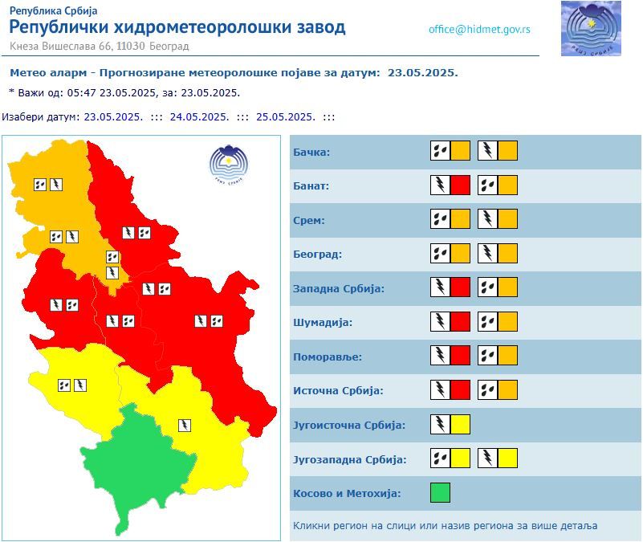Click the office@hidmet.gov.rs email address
click(479, 30)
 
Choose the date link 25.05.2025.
click(285, 116)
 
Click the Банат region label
click(311, 185)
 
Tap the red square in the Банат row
click(460, 185)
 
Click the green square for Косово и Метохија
click(440, 492)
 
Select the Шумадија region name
click(323, 322)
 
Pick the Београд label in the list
click(318, 254)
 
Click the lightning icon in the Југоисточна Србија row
click(440, 424)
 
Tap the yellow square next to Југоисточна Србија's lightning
click(460, 424)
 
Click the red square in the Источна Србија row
click(460, 389)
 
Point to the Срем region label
click(309, 220)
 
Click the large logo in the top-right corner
click(592, 29)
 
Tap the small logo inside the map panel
click(229, 164)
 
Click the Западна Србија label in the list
click(339, 288)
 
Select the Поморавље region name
click(328, 357)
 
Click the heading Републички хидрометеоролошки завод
click(177, 27)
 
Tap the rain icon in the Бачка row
click(440, 150)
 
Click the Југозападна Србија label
click(350, 459)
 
